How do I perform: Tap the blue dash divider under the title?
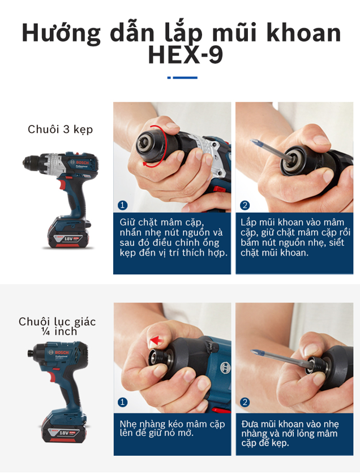[x=182, y=77]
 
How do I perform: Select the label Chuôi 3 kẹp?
[x=61, y=129]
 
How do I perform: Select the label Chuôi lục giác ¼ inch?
[x=57, y=326]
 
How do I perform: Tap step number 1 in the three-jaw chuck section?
[x=122, y=205]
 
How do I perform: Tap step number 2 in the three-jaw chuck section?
[x=245, y=205]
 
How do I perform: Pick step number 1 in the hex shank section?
[x=122, y=402]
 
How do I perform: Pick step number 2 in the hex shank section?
[x=245, y=402]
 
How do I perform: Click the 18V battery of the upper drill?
[x=67, y=232]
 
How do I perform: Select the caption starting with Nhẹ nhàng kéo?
[x=172, y=429]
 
